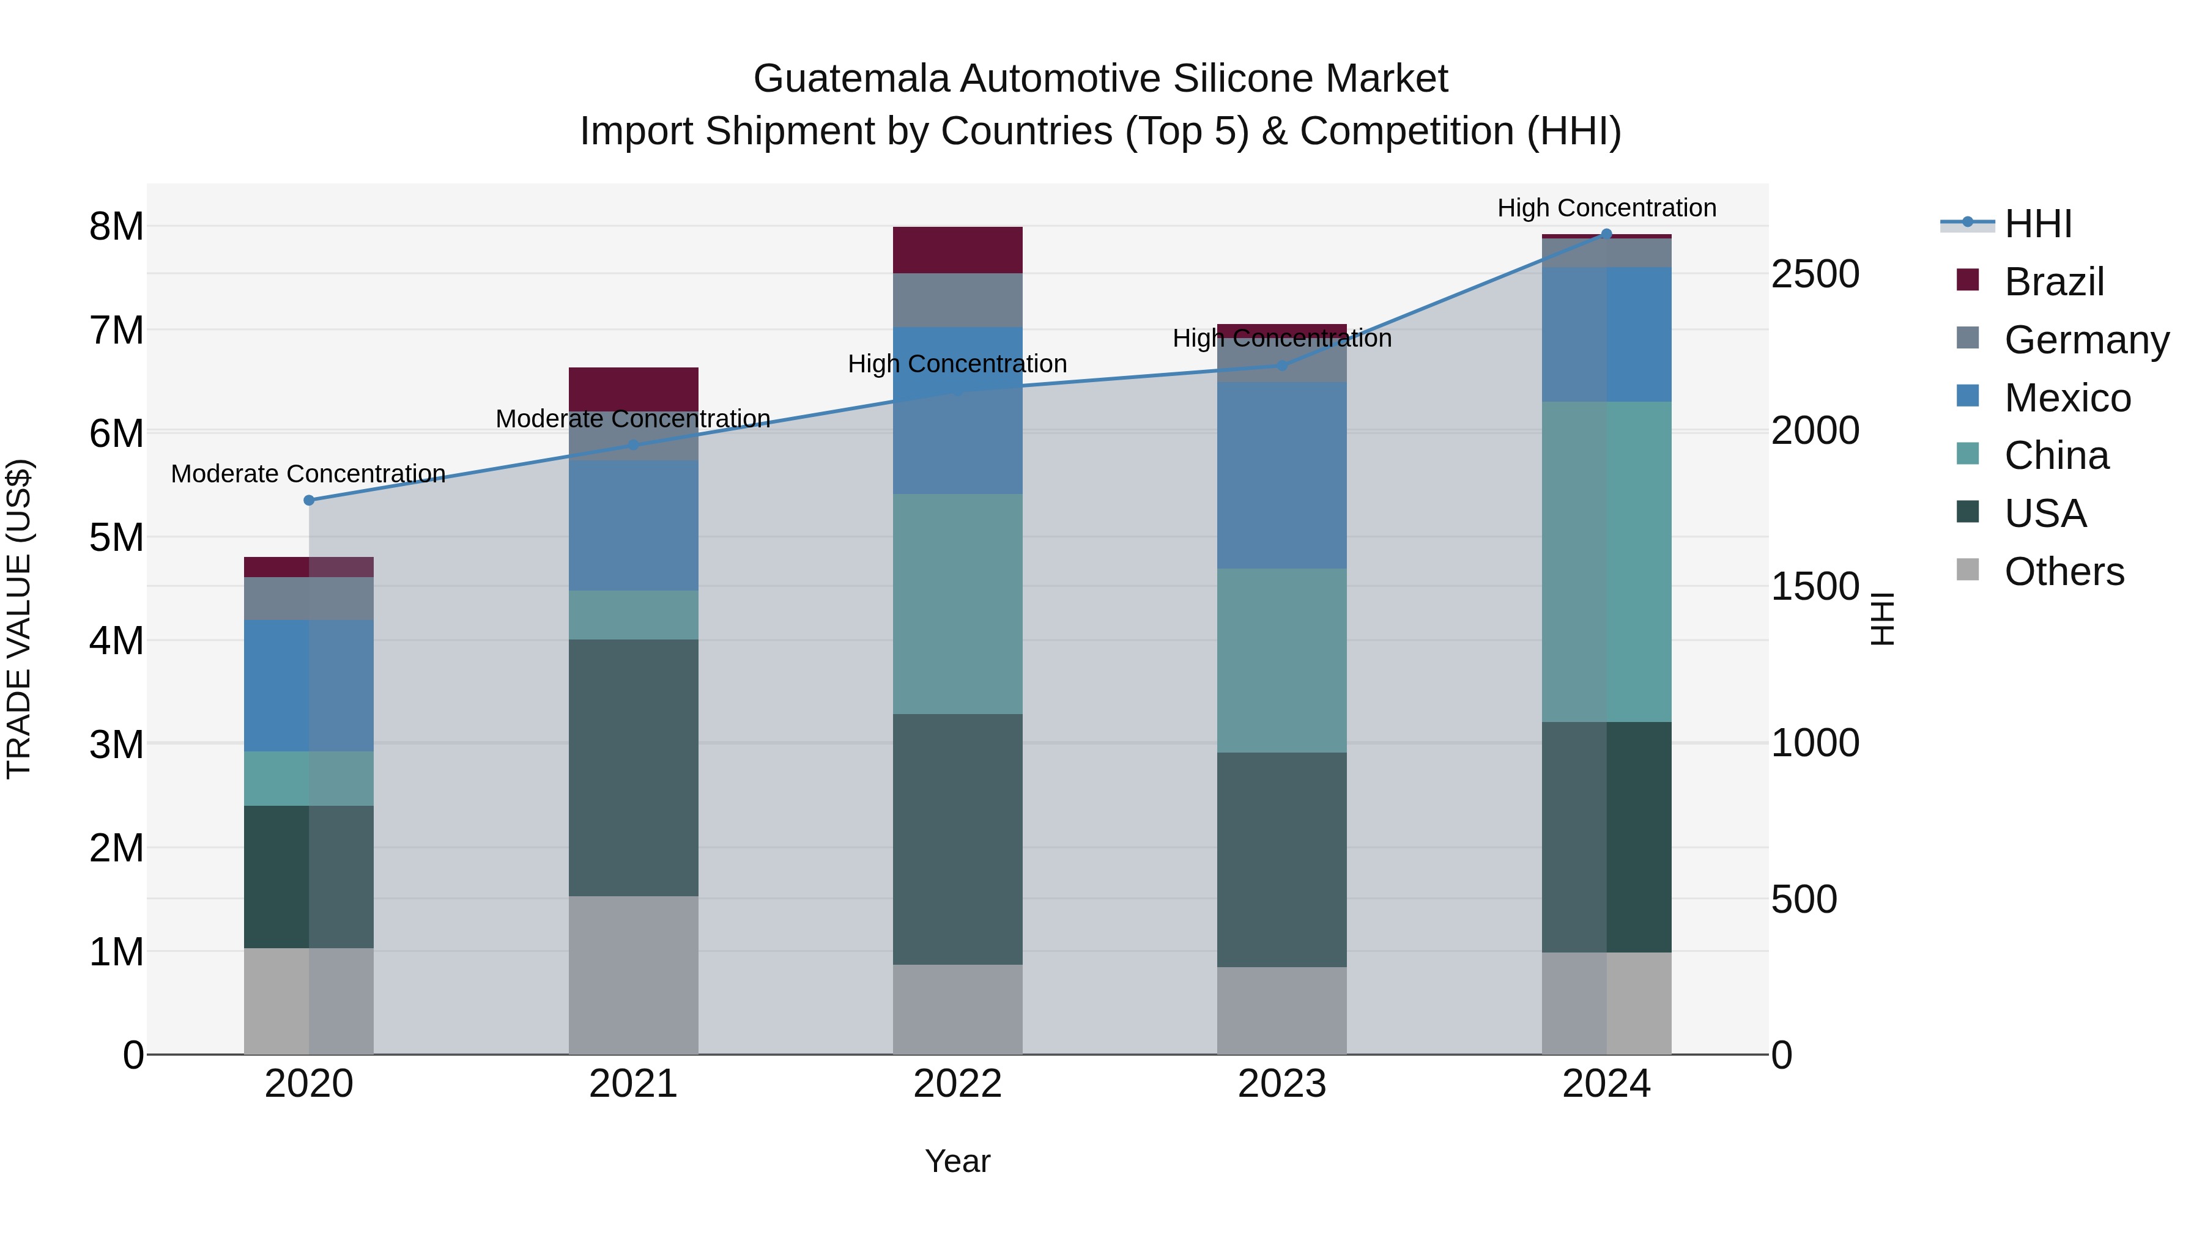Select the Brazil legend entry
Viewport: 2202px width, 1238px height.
point(2053,282)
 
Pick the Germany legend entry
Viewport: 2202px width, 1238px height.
point(2086,340)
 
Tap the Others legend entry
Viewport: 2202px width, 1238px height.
point(2064,572)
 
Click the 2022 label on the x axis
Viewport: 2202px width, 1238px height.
point(957,1084)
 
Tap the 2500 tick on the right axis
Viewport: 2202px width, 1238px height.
point(1815,274)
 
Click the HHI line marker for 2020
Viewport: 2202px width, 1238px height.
point(310,501)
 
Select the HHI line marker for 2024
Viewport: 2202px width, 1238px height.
point(1606,234)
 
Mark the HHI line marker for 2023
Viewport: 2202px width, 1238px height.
point(1281,366)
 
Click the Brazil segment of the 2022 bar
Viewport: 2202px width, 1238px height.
point(957,250)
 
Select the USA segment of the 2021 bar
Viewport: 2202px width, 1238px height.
point(634,767)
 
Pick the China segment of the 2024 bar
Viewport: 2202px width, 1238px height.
point(1606,561)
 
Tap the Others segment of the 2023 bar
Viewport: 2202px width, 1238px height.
point(1281,1011)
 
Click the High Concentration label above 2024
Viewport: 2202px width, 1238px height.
point(1606,208)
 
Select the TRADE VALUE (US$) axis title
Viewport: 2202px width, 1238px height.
point(19,619)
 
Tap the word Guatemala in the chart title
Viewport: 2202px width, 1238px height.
point(851,79)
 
